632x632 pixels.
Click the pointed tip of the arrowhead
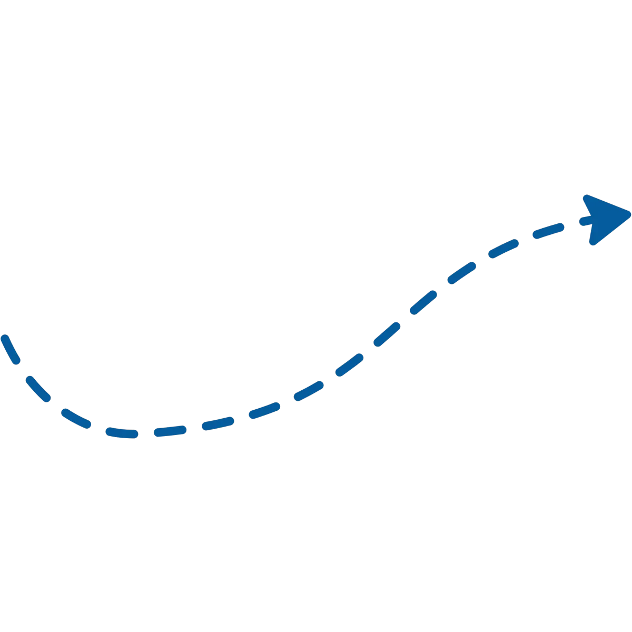click(x=629, y=213)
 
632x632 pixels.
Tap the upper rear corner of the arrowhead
click(x=585, y=197)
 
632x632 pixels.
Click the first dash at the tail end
click(x=11, y=349)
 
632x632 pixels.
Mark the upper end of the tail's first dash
click(x=4, y=337)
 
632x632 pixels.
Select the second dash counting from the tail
click(x=38, y=389)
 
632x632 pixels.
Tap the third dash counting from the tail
click(x=76, y=418)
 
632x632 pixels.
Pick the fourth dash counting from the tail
click(x=122, y=433)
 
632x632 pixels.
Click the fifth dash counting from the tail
click(x=170, y=431)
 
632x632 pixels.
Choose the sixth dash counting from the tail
click(x=218, y=424)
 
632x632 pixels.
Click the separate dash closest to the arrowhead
click(x=548, y=230)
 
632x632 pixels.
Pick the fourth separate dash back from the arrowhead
click(x=424, y=302)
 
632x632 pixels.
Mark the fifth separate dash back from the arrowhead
click(x=387, y=334)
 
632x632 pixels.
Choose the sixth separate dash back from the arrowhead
click(x=349, y=365)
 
